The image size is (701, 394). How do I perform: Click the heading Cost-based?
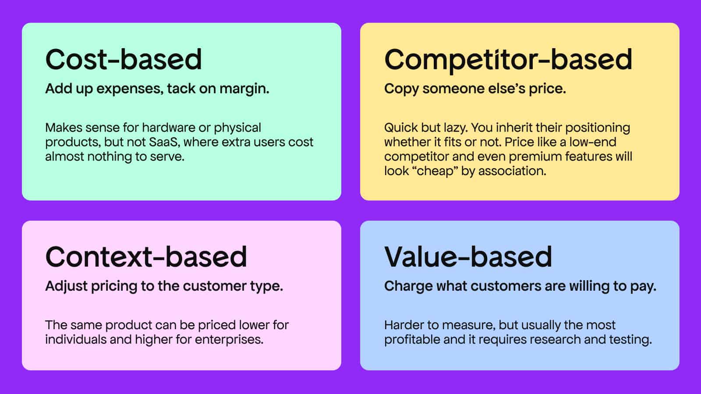pos(124,59)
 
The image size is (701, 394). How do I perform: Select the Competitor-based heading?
pos(508,60)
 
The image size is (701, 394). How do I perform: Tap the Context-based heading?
pos(146,257)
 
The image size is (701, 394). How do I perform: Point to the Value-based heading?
pos(468,257)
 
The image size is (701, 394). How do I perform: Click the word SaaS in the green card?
pos(164,142)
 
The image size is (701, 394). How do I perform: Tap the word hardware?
pos(169,127)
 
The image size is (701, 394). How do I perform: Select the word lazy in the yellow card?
pos(456,128)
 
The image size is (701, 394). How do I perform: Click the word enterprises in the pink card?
pos(229,340)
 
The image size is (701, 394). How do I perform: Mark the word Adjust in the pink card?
pos(66,287)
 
